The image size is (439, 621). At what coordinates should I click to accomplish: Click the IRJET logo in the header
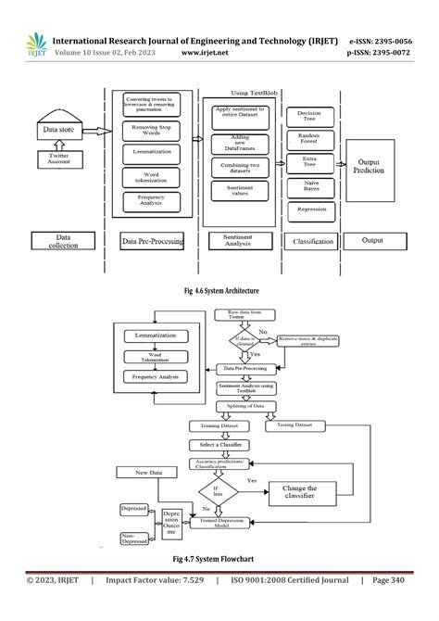pos(37,46)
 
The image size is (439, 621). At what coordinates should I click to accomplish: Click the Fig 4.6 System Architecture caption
pos(219,291)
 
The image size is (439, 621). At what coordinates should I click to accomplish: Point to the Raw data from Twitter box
pos(241,318)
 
